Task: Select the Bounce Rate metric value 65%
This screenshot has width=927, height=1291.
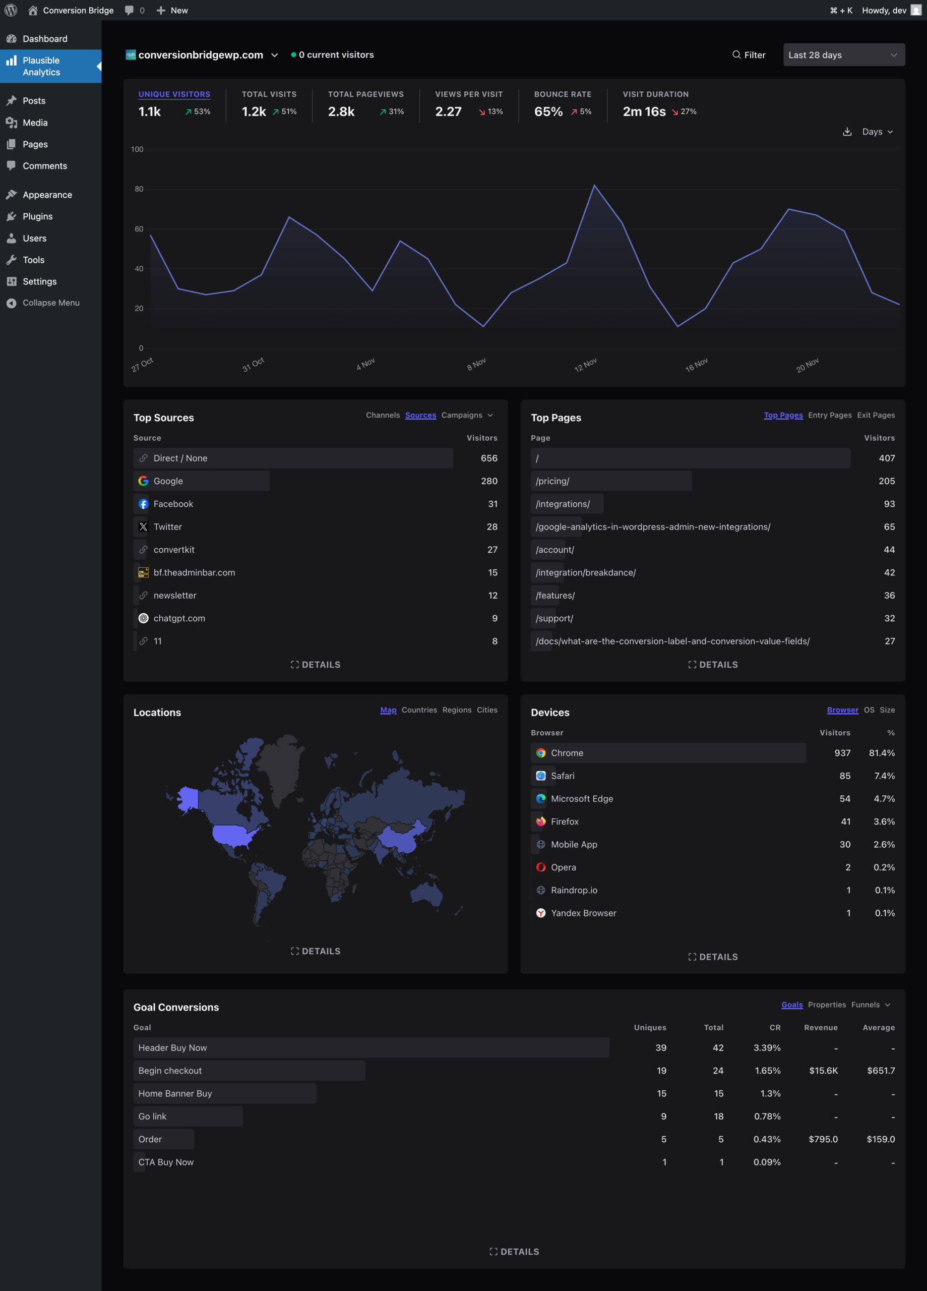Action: pyautogui.click(x=548, y=111)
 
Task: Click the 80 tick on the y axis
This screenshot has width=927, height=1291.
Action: pyautogui.click(x=139, y=189)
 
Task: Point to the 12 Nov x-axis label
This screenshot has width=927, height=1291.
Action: pyautogui.click(x=585, y=365)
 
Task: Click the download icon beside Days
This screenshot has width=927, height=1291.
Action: pyautogui.click(x=847, y=132)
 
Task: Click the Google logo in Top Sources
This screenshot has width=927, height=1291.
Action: pyautogui.click(x=143, y=481)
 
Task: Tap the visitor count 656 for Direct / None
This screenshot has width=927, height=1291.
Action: pyautogui.click(x=488, y=458)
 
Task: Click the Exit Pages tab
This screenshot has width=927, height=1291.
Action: pyautogui.click(x=875, y=415)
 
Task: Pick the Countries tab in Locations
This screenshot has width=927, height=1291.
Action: pyautogui.click(x=419, y=710)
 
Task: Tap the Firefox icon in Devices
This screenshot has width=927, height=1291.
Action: pyautogui.click(x=540, y=821)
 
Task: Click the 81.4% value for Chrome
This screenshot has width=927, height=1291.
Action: pyautogui.click(x=881, y=753)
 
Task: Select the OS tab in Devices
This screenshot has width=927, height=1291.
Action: pyautogui.click(x=869, y=710)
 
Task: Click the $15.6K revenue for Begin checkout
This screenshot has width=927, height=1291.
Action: pyautogui.click(x=823, y=1071)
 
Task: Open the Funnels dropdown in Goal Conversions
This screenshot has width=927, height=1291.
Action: pyautogui.click(x=870, y=1005)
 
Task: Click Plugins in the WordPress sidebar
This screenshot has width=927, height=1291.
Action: pyautogui.click(x=38, y=216)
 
